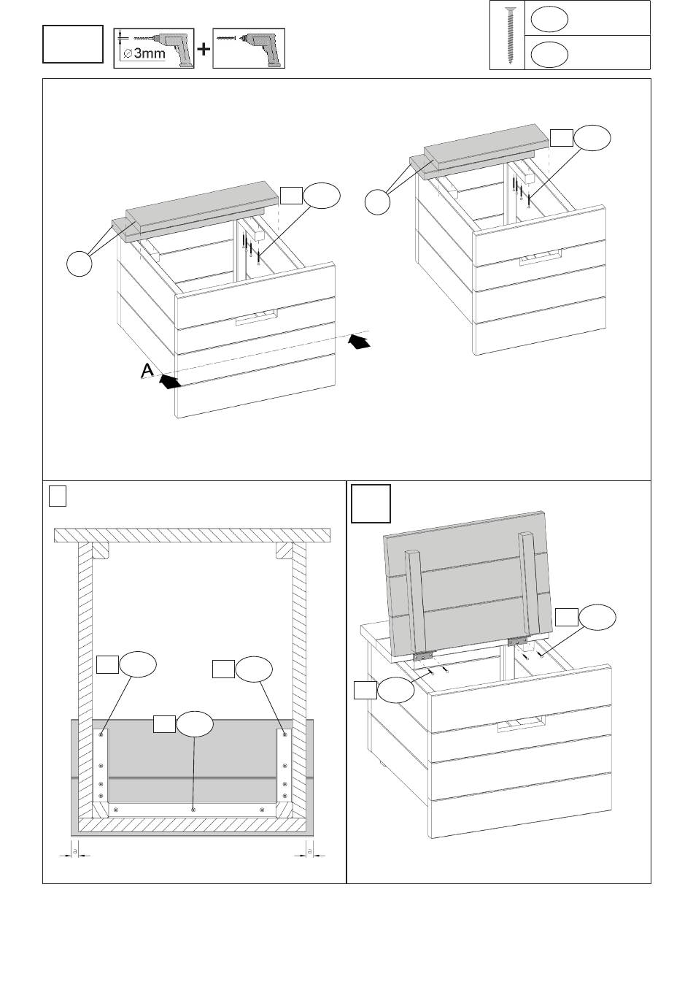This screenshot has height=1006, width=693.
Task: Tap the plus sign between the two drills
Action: coord(204,50)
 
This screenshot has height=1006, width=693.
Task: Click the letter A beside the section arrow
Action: coord(147,372)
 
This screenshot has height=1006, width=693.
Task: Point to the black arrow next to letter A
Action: coord(169,381)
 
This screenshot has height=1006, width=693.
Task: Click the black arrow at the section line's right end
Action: coord(358,341)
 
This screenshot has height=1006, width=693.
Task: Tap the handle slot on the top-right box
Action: coord(539,257)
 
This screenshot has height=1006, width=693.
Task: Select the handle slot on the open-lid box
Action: coord(521,724)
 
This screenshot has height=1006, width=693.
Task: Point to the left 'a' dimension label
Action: coord(72,851)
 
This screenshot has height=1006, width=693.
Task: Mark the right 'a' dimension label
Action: coord(309,851)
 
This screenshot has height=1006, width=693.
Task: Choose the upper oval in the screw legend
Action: coord(549,18)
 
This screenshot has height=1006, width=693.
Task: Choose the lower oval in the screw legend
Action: coord(549,53)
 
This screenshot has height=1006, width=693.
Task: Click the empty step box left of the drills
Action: coord(72,44)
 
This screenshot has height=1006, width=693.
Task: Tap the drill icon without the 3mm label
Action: coord(248,49)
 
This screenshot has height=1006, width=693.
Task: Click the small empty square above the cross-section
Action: coord(58,496)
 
